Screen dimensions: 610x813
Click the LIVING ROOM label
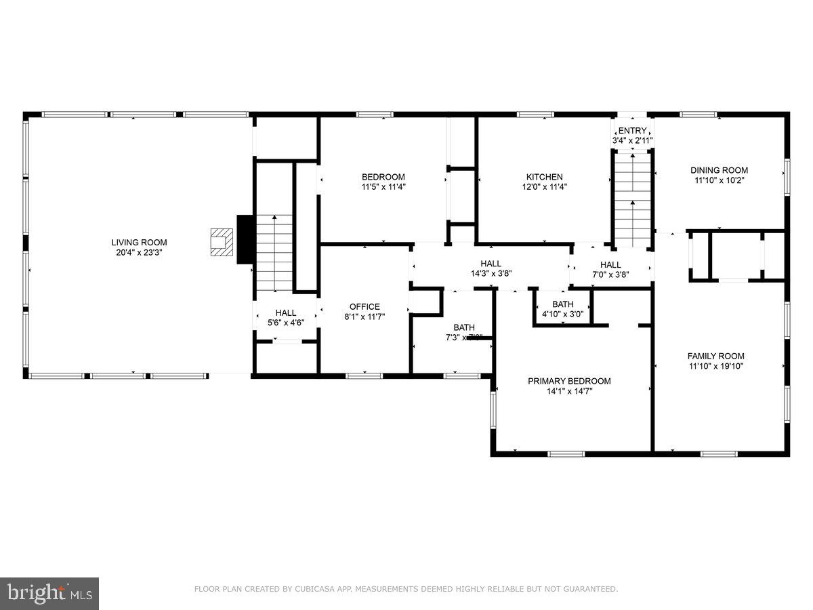[x=139, y=242]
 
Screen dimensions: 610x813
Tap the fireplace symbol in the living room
[x=221, y=242]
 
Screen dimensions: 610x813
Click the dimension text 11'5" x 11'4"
[x=383, y=186]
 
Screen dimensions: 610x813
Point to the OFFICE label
[x=364, y=306]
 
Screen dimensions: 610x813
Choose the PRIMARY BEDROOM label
[x=569, y=381]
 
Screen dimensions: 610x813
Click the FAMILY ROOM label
[x=715, y=356]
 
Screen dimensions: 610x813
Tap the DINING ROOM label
[x=719, y=170]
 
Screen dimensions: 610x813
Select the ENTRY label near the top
[x=632, y=131]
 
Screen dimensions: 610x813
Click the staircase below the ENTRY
[x=633, y=200]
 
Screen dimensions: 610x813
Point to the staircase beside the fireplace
[x=274, y=251]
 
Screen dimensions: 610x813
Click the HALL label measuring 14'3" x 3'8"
[x=491, y=264]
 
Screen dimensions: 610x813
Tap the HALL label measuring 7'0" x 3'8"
[x=610, y=264]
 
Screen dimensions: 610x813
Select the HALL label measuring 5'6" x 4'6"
[x=285, y=312]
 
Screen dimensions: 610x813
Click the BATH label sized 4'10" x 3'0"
[x=562, y=304]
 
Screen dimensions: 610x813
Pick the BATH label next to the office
[x=464, y=327]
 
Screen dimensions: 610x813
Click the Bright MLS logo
[x=49, y=593]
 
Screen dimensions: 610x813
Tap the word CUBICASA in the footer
[x=314, y=589]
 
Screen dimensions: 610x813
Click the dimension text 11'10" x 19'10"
[x=715, y=366]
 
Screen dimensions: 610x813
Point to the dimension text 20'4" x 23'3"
[x=139, y=252]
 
